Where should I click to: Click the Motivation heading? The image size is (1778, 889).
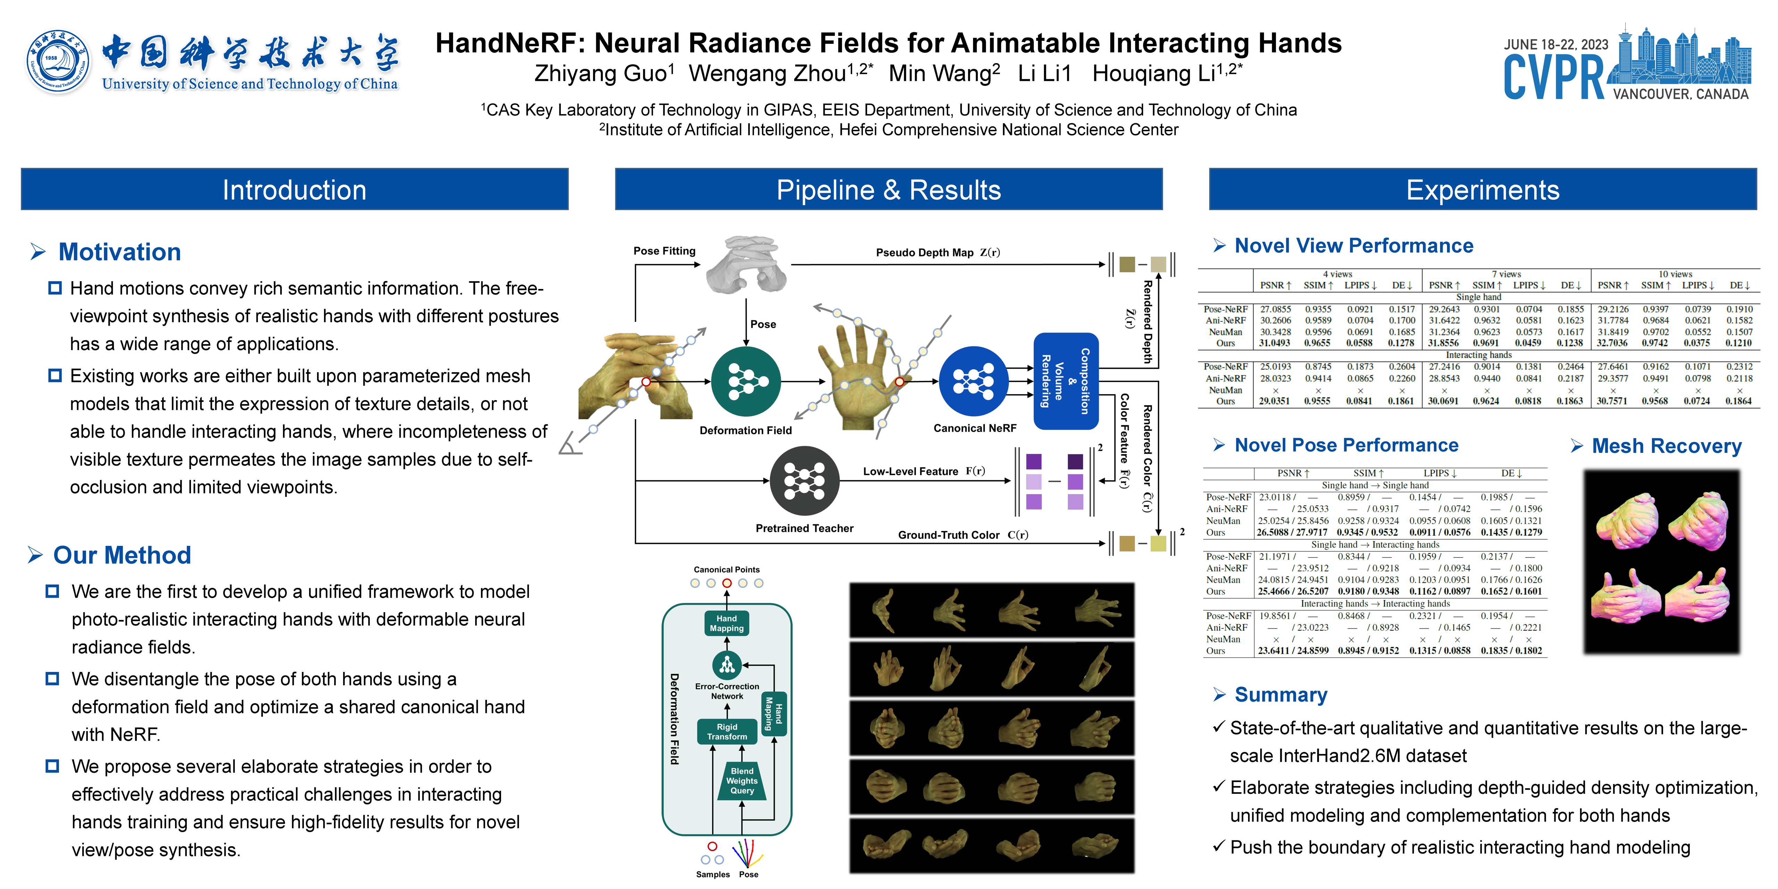[119, 252]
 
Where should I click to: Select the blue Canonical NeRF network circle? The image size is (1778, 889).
[973, 381]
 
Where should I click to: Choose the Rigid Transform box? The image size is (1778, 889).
[727, 732]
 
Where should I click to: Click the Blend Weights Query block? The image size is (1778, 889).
[742, 781]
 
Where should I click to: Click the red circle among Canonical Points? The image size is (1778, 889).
[727, 583]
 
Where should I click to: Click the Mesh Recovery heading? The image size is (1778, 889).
[1666, 446]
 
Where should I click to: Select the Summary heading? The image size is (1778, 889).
[1280, 695]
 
